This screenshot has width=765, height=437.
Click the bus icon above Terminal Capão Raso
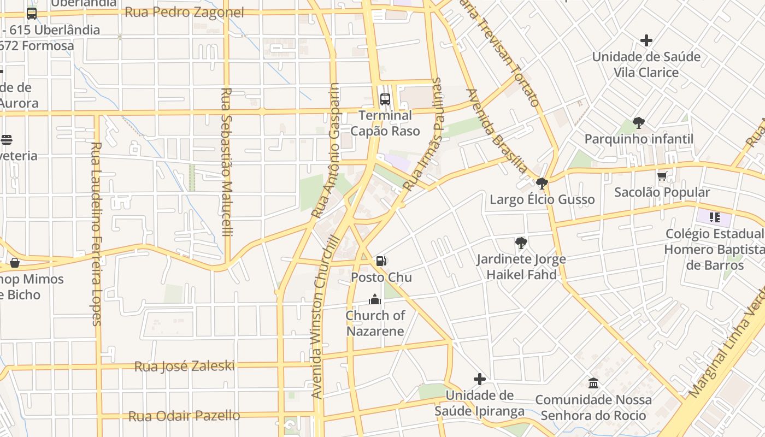[x=385, y=99]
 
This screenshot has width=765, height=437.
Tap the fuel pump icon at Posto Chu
[x=381, y=261]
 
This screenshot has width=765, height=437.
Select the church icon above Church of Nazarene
[x=374, y=299]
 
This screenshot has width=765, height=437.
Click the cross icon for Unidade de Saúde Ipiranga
[x=480, y=379]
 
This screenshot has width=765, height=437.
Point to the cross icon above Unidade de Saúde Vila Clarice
[x=646, y=40]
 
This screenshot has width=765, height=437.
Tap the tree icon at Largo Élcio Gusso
[x=542, y=184]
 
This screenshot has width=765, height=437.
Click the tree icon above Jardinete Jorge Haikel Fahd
[x=521, y=243]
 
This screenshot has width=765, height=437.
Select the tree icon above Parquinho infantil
[x=638, y=123]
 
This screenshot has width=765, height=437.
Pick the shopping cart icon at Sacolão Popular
[x=662, y=176]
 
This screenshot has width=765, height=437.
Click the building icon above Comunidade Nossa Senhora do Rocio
[x=593, y=383]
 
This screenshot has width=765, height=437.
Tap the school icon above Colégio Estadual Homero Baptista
[x=714, y=217]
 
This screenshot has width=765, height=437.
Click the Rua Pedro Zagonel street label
[x=184, y=13]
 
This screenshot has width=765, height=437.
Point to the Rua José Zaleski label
[x=184, y=366]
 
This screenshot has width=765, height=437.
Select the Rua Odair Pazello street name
[x=184, y=416]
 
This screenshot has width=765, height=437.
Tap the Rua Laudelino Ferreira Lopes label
[x=97, y=234]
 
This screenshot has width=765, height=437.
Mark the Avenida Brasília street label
[x=497, y=131]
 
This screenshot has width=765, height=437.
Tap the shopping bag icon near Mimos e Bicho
[x=15, y=263]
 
